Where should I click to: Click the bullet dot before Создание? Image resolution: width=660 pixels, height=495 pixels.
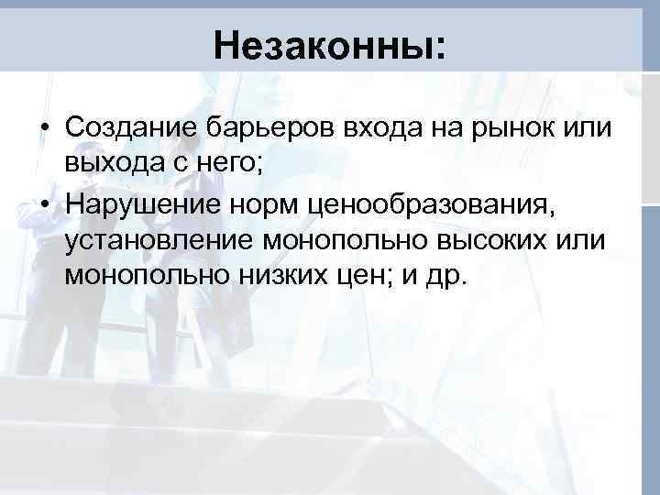(x=44, y=127)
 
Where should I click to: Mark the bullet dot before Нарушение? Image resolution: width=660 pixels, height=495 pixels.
(x=44, y=202)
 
